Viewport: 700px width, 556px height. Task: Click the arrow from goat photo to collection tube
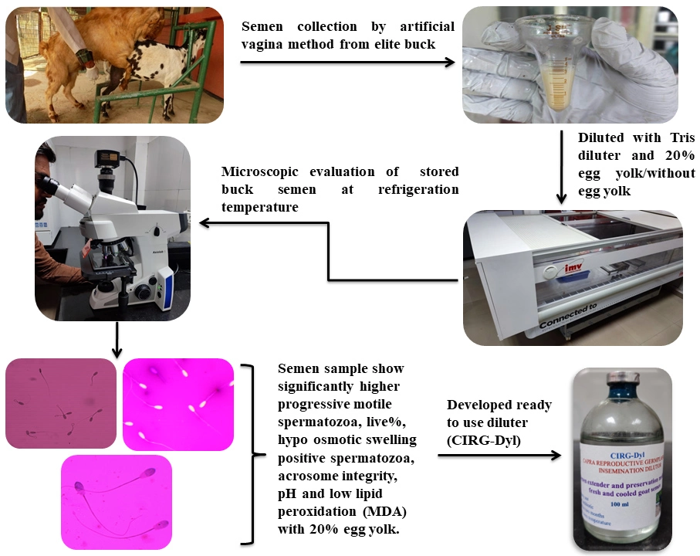347,60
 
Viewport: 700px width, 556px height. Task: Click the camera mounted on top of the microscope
107,159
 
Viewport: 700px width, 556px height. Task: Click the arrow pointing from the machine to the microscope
262,223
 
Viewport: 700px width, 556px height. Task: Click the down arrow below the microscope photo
115,341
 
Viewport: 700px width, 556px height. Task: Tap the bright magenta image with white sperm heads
178,404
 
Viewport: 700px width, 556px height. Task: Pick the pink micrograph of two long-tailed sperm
116,502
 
